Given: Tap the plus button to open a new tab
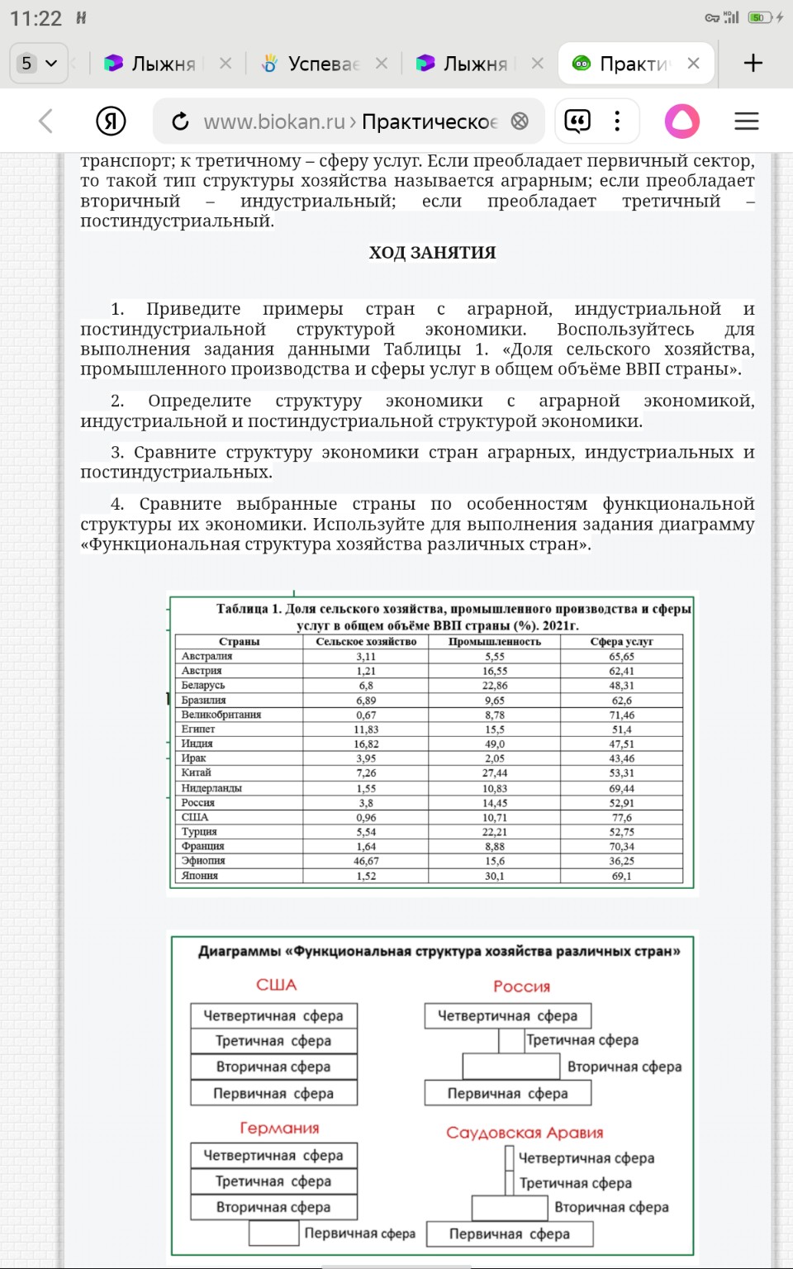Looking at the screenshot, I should point(753,64).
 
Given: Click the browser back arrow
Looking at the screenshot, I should point(46,121).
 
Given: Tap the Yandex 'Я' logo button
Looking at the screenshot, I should point(111,121).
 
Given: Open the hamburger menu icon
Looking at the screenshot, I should point(746,121).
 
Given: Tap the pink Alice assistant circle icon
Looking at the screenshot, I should point(682,121).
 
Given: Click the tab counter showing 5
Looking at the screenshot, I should point(38,64).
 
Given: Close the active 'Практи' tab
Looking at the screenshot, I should point(694,64).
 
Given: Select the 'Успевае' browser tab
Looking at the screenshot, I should point(322,64).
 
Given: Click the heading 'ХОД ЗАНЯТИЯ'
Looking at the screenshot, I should point(432,253).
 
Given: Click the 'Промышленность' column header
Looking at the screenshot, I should point(494,641).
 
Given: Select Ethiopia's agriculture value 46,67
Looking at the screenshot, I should point(366,861).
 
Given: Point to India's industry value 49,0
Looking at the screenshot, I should point(494,744).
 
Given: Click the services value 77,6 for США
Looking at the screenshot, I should point(621,817).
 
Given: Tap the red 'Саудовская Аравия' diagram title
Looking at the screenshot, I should point(525,1133).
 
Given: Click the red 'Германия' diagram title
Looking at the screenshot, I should point(279,1129).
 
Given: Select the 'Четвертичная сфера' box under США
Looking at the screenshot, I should point(273,1015).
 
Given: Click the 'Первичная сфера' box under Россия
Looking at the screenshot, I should point(507,1093).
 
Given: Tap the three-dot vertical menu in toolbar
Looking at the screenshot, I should point(617,121).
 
